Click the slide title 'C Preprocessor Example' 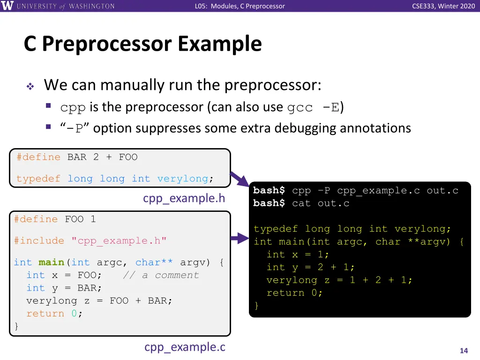coord(142,44)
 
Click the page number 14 coord(464,351)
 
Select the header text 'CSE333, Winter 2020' coord(443,6)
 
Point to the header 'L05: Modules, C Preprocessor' coord(240,6)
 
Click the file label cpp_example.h coord(184,199)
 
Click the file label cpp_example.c coord(185,347)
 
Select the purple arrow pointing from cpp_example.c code coord(240,240)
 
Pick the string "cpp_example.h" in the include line coord(119,241)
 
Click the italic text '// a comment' coord(161,275)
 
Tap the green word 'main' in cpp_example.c coord(51,262)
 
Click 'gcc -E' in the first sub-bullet coord(313,107)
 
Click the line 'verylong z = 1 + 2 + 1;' coord(339,280)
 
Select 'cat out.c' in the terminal coord(321,203)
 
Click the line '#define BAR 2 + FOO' coord(77,157)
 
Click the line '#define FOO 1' coord(55,219)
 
